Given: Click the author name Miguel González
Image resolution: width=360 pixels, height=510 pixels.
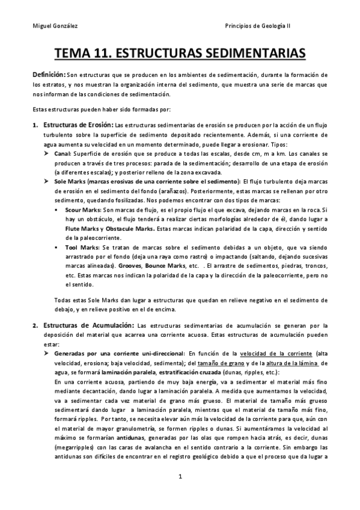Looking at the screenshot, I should pos(52,26).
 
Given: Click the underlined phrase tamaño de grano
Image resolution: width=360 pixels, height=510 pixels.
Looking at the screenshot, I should pos(203,363).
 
